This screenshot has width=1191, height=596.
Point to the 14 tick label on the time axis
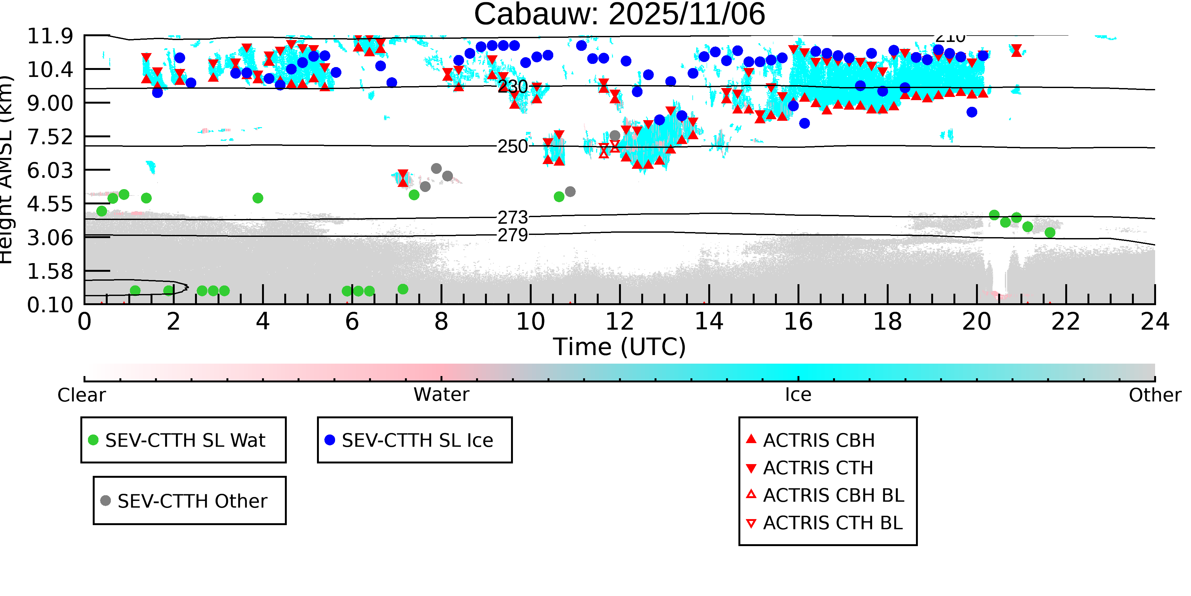(709, 322)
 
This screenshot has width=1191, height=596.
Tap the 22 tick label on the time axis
(1066, 322)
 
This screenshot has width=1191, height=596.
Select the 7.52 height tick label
(50, 137)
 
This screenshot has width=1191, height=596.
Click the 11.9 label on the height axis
(50, 36)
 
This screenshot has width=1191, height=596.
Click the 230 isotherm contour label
(513, 86)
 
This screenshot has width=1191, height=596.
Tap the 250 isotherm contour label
(513, 146)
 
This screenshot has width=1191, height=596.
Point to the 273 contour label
(513, 217)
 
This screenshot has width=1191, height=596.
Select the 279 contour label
(513, 235)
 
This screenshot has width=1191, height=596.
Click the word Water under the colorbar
(441, 395)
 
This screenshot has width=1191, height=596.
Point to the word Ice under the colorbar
(798, 395)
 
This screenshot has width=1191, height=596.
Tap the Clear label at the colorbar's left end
(81, 395)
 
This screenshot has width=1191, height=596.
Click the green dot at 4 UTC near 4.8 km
(258, 198)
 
